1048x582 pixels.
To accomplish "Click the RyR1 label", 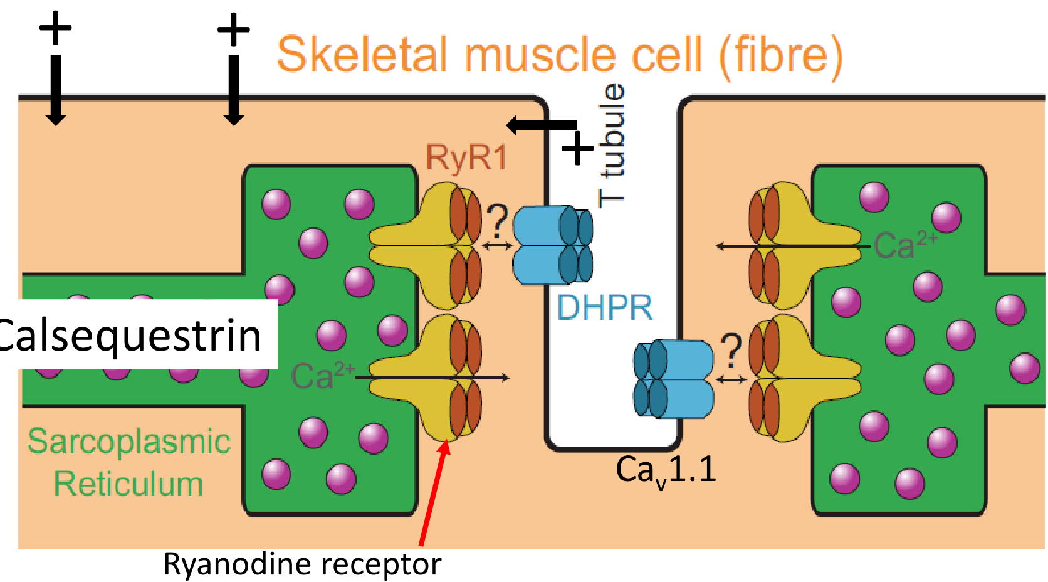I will pos(466,157).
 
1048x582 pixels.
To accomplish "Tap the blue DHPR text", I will pos(604,308).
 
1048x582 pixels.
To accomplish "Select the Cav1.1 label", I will pos(666,470).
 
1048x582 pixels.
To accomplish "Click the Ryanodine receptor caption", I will pos(302,564).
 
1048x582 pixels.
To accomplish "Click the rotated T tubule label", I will pos(612,145).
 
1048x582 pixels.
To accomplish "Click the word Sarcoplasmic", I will pos(129,442).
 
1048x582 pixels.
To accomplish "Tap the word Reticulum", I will pos(128,484).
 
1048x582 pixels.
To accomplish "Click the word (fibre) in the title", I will pos(780,55).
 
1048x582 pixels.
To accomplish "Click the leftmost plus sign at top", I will pos(56,28).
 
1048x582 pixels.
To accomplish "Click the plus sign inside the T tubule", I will pos(577,149).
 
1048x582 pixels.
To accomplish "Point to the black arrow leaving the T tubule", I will pos(539,125).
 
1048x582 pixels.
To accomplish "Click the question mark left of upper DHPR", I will pos(497,220).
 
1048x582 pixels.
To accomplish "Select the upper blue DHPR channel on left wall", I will pos(552,245).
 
